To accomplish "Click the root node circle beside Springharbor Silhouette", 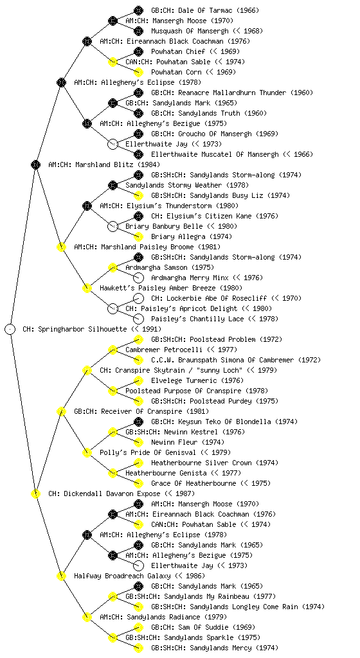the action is pos(10,329).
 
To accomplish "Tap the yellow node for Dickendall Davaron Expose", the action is pos(35,493).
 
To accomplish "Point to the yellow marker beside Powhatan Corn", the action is pos(138,72).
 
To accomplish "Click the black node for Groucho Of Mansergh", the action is pos(138,134).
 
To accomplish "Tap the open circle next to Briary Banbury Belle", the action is pos(113,226).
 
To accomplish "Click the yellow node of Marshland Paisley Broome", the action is pos(61,247).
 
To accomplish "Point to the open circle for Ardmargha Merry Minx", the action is pos(138,278).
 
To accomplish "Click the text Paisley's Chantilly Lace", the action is pos(197,319).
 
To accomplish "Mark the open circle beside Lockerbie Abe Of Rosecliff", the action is pos(138,298).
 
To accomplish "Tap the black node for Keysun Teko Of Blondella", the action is pos(138,422).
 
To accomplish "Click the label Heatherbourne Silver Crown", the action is pos(201,463).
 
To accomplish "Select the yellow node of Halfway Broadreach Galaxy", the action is pos(61,576).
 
